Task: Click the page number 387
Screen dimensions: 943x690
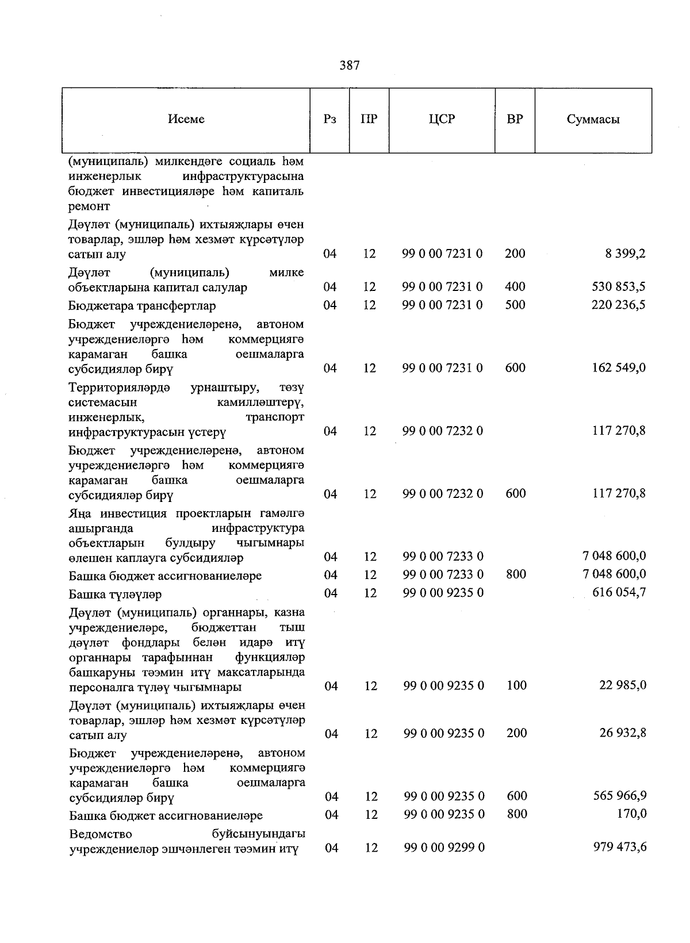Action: coord(349,66)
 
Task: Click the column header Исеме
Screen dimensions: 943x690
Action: coord(186,119)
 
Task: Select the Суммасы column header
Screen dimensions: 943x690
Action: coord(593,120)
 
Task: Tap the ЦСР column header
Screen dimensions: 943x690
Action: coord(442,120)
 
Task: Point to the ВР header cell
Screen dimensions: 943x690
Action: coord(515,120)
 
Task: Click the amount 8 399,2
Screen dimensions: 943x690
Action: coord(625,254)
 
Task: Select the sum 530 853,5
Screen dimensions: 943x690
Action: coord(619,286)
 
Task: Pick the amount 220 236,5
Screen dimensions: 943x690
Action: coord(619,305)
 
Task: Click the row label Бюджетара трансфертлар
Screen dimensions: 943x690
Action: coord(142,306)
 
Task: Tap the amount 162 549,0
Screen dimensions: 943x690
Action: coord(619,368)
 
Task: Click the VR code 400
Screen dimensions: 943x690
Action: coord(515,286)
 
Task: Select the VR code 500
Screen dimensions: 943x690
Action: coord(515,305)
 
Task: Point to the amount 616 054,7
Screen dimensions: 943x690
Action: coord(619,592)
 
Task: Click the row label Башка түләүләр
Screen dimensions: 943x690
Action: coord(115,594)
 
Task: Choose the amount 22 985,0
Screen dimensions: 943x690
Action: coord(623,685)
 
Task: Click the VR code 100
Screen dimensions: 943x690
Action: coord(516,685)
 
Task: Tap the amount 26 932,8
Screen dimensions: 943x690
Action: coord(623,733)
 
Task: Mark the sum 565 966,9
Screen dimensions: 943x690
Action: coord(620,796)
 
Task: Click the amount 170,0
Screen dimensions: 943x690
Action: coord(631,814)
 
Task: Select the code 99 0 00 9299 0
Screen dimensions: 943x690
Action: coord(444,848)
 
